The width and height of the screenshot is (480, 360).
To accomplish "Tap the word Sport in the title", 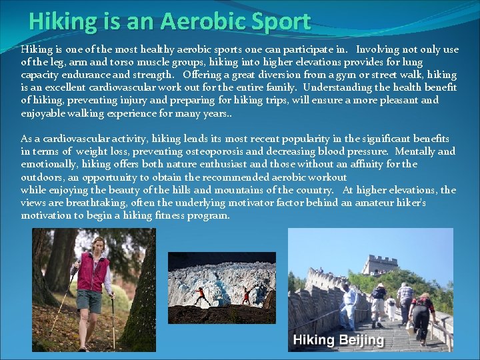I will (x=282, y=21).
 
